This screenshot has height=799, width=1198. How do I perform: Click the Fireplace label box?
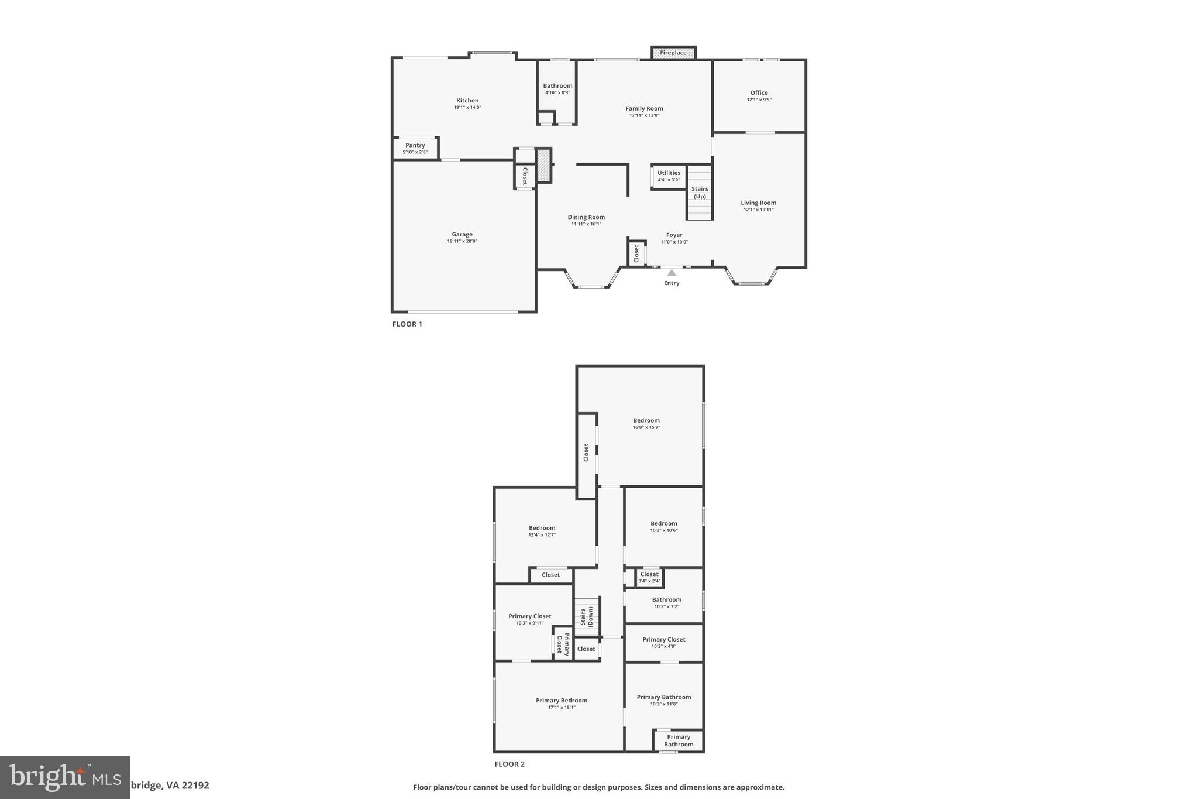tap(673, 53)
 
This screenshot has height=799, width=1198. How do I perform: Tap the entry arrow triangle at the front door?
tap(672, 273)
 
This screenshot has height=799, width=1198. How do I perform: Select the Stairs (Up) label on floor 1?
tap(700, 193)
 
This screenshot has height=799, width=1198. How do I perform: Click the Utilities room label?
tap(669, 173)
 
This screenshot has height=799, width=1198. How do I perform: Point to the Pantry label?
tap(415, 145)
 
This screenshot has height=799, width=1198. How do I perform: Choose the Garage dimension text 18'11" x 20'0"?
tap(462, 241)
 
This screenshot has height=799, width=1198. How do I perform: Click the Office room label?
tap(759, 92)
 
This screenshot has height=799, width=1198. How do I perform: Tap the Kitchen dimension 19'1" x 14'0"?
tap(467, 108)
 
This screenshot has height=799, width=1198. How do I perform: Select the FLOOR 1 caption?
tap(407, 324)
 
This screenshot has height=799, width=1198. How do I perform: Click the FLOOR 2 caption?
tap(510, 764)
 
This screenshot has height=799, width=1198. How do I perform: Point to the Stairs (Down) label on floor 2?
tap(587, 617)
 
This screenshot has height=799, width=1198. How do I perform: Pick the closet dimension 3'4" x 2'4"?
tap(649, 581)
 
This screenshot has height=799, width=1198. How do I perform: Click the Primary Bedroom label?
tap(562, 700)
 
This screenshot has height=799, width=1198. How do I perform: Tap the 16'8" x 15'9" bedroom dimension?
tap(646, 427)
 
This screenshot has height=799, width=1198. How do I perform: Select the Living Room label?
tap(758, 203)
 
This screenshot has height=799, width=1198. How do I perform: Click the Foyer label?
tap(674, 235)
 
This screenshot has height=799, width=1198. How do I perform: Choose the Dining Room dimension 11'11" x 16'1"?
tap(586, 224)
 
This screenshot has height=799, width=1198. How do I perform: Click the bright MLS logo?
tap(64, 777)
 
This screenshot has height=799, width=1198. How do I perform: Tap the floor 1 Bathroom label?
tap(557, 85)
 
